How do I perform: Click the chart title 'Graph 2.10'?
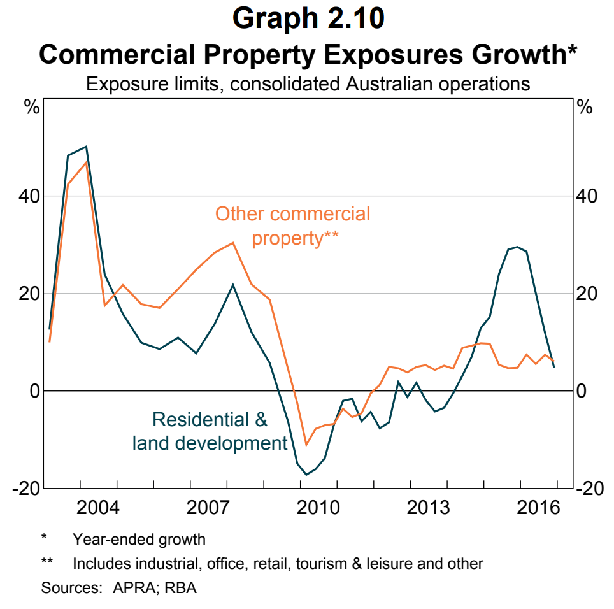coord(308,18)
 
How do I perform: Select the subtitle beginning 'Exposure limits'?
coord(308,83)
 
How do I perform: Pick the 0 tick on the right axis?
coord(582,390)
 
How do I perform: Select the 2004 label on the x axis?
coord(98,509)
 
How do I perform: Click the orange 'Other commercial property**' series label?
coord(293,226)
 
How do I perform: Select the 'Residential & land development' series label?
coord(210,431)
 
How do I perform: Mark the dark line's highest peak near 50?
coord(86,147)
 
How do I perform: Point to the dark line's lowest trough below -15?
coord(306,475)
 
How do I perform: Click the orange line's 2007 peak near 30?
coord(234,243)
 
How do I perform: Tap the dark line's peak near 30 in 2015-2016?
coord(517,247)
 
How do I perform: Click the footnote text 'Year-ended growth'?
coord(139,540)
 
